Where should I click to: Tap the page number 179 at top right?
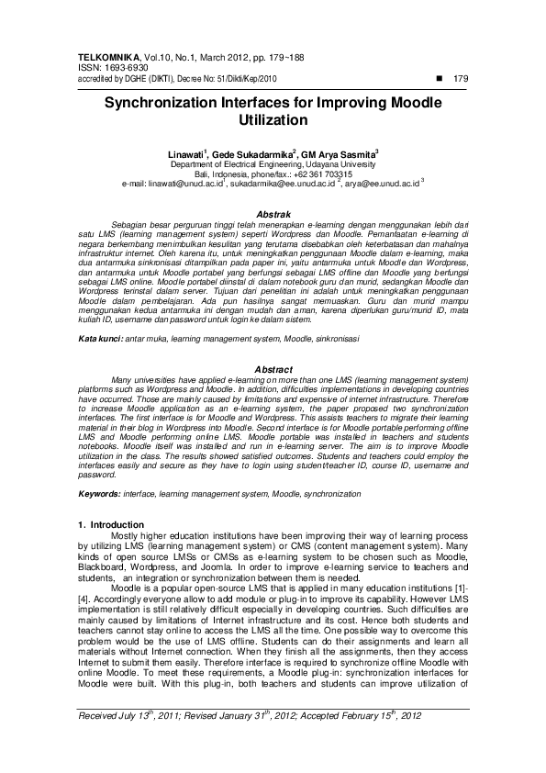461,79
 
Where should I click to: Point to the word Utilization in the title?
273,120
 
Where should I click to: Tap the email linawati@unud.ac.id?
173,184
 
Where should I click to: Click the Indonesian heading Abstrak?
273,214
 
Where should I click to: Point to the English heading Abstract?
273,370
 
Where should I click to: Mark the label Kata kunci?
100,339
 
